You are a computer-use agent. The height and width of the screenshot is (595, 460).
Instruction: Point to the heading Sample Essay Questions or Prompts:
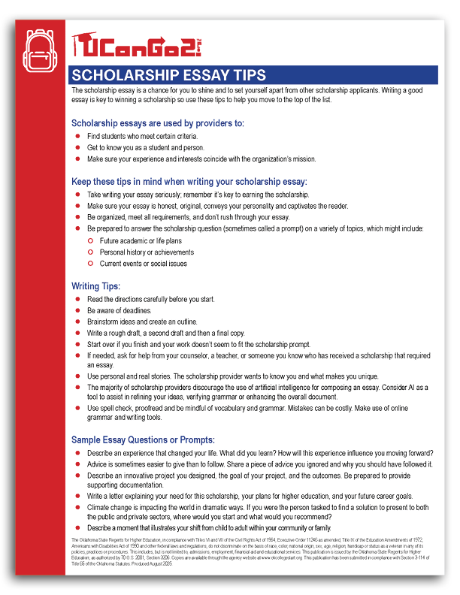pyautogui.click(x=143, y=439)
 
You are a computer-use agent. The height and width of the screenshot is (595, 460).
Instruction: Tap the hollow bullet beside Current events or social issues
pyautogui.click(x=90, y=264)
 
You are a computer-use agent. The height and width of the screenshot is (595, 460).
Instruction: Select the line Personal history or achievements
pyautogui.click(x=147, y=253)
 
